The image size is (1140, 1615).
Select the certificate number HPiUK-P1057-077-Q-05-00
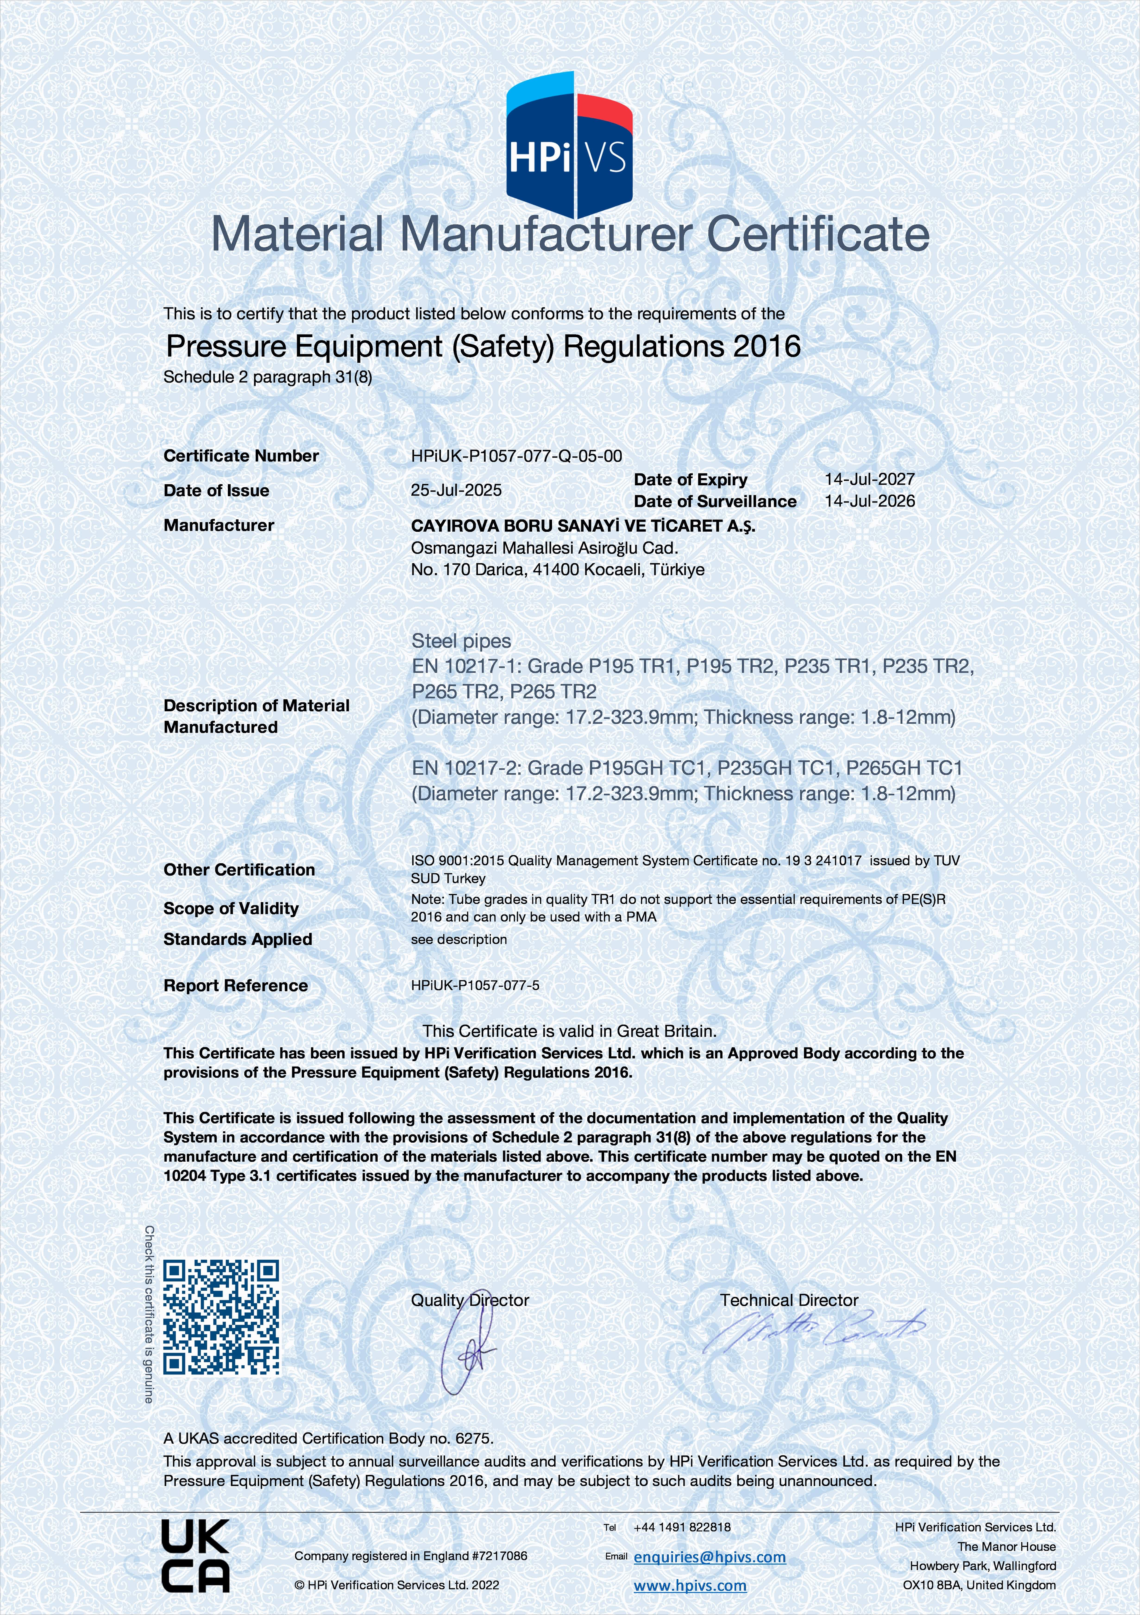[x=516, y=456]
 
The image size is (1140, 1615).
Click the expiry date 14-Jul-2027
[x=869, y=479]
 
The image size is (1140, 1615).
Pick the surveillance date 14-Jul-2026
[x=869, y=501]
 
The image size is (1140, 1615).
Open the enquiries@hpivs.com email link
[x=710, y=1557]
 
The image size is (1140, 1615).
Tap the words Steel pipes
[x=461, y=641]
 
